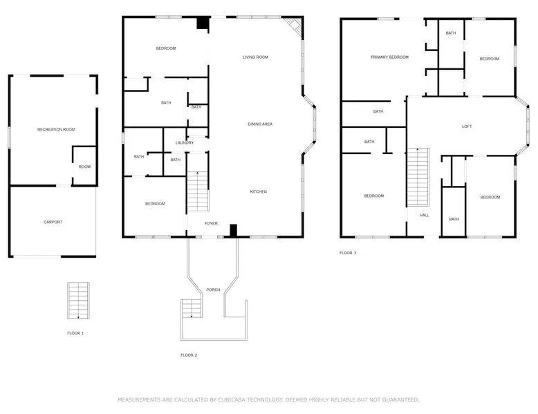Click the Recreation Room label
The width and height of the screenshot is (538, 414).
[x=56, y=129]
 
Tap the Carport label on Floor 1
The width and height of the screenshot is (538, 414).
[x=53, y=222]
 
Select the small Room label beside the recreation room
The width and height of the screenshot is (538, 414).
[x=84, y=167]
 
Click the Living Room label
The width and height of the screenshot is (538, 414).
[x=255, y=57]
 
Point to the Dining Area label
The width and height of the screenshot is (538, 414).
[x=260, y=124]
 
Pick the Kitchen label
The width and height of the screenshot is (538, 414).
[x=259, y=191]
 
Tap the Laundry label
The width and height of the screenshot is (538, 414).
[x=185, y=142]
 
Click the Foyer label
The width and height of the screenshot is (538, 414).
[x=211, y=223]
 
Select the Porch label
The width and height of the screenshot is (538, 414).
[x=213, y=290]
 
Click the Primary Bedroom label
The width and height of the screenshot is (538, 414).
[x=390, y=57]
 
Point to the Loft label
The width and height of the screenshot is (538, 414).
[x=467, y=126]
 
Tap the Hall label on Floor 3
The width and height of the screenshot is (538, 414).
[x=425, y=216]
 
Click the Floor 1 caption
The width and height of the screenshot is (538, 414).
[x=75, y=333]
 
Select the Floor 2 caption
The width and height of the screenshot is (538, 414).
[x=189, y=355]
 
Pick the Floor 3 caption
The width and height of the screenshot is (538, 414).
[x=348, y=253]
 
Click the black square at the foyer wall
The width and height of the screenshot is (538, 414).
[x=233, y=230]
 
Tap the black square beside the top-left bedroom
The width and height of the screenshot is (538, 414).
[x=203, y=23]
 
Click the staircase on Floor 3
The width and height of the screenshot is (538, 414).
[x=418, y=177]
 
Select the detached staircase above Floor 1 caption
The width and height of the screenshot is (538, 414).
[x=78, y=301]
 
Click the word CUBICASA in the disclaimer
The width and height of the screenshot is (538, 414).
[x=232, y=399]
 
